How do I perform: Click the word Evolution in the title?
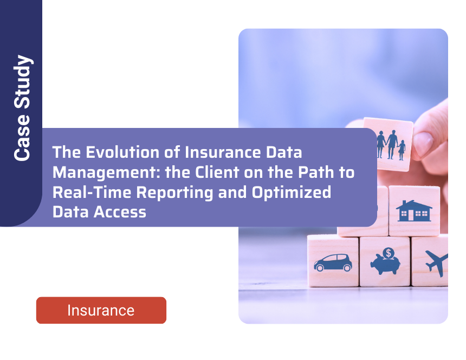coord(115,153)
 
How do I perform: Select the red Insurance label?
coord(101,310)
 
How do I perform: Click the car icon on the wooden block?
coord(333,263)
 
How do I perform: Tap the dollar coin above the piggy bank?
coord(388,253)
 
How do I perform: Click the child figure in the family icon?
coord(402,150)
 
